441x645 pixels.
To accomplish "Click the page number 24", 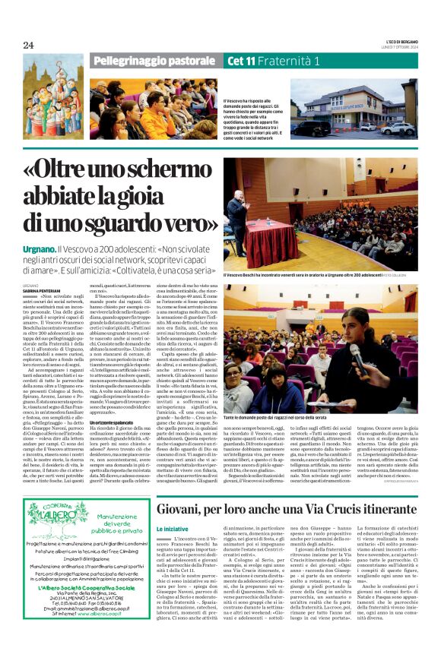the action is point(29,46).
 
